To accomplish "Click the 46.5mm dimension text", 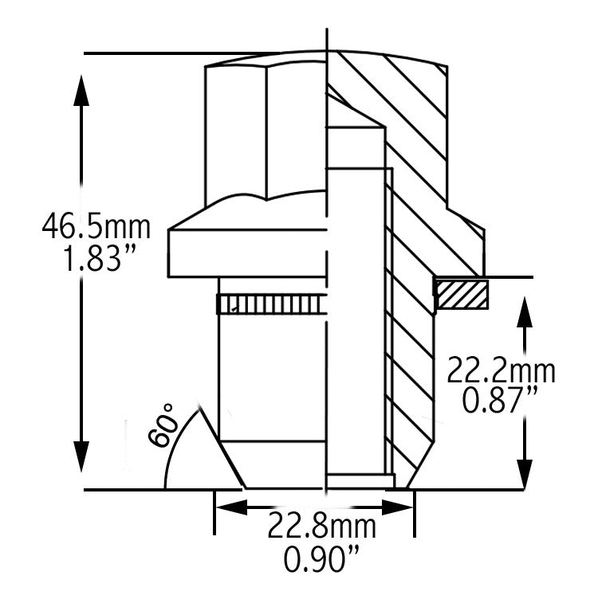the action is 96,227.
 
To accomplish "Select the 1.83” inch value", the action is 99,259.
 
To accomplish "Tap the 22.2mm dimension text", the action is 501,370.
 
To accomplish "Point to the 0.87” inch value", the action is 500,401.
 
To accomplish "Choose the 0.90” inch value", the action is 321,558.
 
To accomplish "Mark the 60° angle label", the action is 161,425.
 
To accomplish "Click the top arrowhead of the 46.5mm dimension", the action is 81,89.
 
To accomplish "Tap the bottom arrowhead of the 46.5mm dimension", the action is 81,456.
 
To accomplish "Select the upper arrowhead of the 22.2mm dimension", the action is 525,312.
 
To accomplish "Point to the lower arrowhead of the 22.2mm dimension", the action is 525,475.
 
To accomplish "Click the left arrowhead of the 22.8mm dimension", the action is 231,507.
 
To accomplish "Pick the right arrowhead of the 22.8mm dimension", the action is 398,507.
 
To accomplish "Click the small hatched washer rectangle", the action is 462,294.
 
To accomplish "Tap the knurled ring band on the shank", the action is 269,304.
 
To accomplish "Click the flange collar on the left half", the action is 246,253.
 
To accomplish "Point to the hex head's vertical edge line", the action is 266,134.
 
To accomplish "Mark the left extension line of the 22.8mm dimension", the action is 214,512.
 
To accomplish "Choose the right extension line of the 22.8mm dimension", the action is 415,513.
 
